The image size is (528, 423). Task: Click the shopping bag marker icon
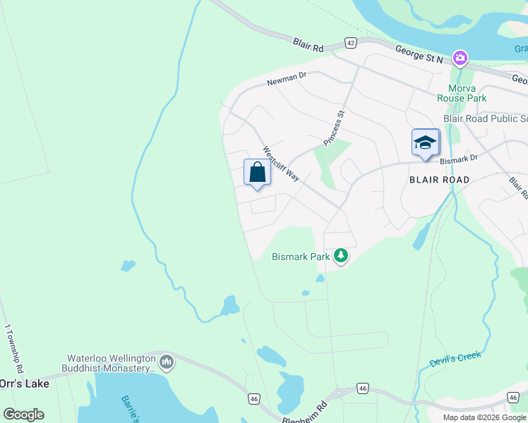[257, 173]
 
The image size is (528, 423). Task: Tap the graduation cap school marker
[426, 143]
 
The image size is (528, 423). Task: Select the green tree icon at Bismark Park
[342, 255]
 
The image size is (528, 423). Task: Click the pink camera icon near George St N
[460, 57]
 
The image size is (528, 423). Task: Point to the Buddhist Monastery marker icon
[167, 362]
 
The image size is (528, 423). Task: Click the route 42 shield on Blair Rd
[351, 43]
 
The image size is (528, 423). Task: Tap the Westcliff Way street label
[281, 164]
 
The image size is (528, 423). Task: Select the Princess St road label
[334, 128]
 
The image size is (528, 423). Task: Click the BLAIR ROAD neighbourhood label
[439, 180]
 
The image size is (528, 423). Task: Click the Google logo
[23, 414]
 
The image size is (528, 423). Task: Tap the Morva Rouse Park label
[461, 93]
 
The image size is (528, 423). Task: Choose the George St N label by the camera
[419, 56]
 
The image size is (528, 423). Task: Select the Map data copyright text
[484, 417]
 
